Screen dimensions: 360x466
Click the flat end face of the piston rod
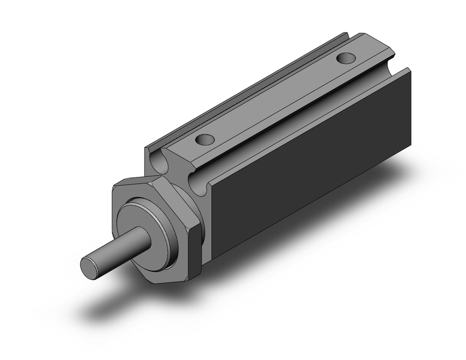tap(89, 268)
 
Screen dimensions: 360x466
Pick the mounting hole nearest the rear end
tap(345, 58)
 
